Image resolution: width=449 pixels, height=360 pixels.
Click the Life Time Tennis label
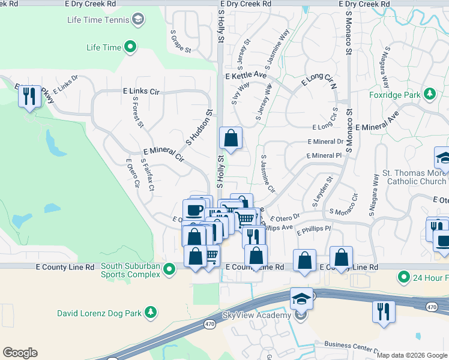click(x=98, y=20)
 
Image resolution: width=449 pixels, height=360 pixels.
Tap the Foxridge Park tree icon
click(x=429, y=94)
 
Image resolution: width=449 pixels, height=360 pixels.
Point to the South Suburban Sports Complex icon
click(x=170, y=270)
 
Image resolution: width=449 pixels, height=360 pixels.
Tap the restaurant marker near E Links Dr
click(x=29, y=96)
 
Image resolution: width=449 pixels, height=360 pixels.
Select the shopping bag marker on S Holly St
click(x=231, y=139)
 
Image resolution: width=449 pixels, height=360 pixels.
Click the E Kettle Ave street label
click(x=246, y=76)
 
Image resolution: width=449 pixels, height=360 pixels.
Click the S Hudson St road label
click(x=200, y=127)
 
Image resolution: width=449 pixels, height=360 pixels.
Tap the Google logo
click(x=20, y=353)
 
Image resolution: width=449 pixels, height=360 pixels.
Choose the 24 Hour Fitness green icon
click(x=403, y=277)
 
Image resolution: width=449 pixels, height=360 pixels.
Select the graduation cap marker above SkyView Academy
click(x=301, y=299)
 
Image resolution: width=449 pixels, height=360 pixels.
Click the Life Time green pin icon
click(x=130, y=47)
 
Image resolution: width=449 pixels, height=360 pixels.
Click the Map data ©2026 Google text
click(x=411, y=355)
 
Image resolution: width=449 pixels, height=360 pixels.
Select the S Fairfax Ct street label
click(x=147, y=175)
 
